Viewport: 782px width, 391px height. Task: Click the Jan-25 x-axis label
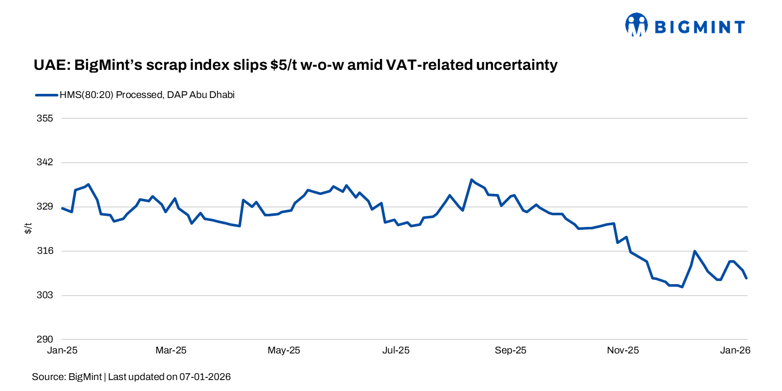[x=62, y=351]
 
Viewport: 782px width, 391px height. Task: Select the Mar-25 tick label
[x=170, y=351]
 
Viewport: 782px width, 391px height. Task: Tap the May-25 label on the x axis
[x=284, y=351]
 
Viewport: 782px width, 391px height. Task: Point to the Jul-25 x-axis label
[x=396, y=351]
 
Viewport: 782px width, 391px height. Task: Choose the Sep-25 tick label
[x=511, y=351]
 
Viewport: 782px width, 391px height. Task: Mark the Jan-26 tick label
[x=735, y=351]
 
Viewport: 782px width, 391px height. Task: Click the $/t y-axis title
[x=29, y=228]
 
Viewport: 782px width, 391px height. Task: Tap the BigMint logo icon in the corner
[x=636, y=25]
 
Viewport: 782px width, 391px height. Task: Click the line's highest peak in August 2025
[x=471, y=180]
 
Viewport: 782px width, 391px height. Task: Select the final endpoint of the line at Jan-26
[x=747, y=278]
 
